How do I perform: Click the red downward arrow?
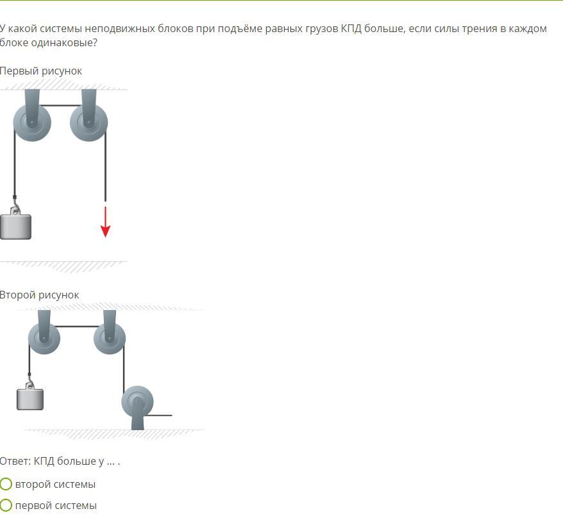pyautogui.click(x=105, y=222)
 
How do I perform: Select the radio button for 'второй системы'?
pyautogui.click(x=6, y=484)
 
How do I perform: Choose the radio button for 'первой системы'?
pyautogui.click(x=6, y=505)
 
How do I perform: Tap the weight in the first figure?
pyautogui.click(x=15, y=227)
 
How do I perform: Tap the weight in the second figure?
pyautogui.click(x=30, y=399)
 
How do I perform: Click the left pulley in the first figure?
pyautogui.click(x=32, y=123)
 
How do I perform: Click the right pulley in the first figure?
pyautogui.click(x=88, y=123)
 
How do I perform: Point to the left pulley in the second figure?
pyautogui.click(x=44, y=339)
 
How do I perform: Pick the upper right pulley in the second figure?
pyautogui.click(x=110, y=339)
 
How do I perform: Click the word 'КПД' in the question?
pyautogui.click(x=351, y=29)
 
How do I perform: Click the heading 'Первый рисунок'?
pyautogui.click(x=41, y=71)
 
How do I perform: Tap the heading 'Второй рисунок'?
pyautogui.click(x=40, y=295)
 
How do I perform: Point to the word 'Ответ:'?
pyautogui.click(x=15, y=461)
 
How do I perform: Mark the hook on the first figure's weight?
pyautogui.click(x=15, y=208)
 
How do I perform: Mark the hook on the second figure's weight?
pyautogui.click(x=30, y=382)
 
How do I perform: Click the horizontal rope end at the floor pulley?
pyautogui.click(x=172, y=415)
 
